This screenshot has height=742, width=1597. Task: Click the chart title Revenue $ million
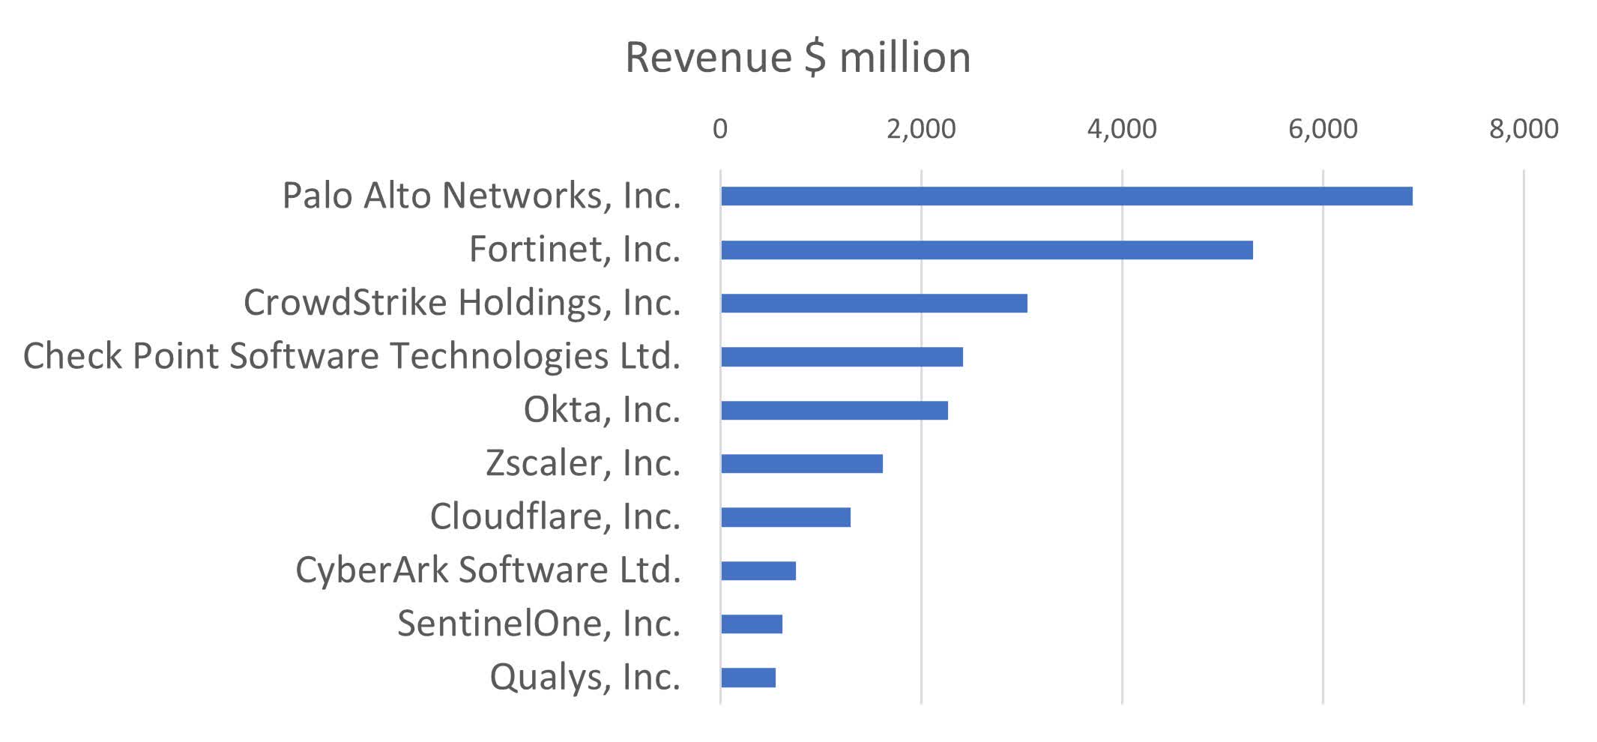(x=797, y=57)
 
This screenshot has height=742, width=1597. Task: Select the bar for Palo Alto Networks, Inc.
(x=1066, y=196)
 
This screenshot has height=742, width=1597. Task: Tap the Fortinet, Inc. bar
(x=986, y=250)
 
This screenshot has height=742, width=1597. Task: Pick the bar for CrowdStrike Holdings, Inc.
(x=873, y=304)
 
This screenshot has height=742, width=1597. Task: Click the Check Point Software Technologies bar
(x=841, y=357)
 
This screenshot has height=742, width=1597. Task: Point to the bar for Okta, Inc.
(x=833, y=411)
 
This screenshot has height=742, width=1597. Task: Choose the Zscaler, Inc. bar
(x=801, y=464)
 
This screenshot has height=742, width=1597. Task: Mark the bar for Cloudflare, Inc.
(x=785, y=517)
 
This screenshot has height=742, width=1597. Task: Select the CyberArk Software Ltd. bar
(x=758, y=571)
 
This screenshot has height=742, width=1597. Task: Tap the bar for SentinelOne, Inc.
(x=751, y=624)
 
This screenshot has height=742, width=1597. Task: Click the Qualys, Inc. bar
(x=747, y=678)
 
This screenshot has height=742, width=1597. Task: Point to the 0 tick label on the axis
(x=719, y=129)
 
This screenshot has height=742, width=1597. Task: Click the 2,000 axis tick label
(x=920, y=129)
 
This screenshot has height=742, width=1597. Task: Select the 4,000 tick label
(x=1121, y=129)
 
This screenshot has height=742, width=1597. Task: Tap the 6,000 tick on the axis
(x=1322, y=129)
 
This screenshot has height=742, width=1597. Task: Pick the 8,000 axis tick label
(x=1523, y=129)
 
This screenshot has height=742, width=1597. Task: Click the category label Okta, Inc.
(x=601, y=410)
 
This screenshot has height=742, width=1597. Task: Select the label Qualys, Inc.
(x=585, y=678)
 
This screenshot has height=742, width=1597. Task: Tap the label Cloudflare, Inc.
(x=555, y=517)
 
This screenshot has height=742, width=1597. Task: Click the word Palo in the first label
(x=317, y=196)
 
